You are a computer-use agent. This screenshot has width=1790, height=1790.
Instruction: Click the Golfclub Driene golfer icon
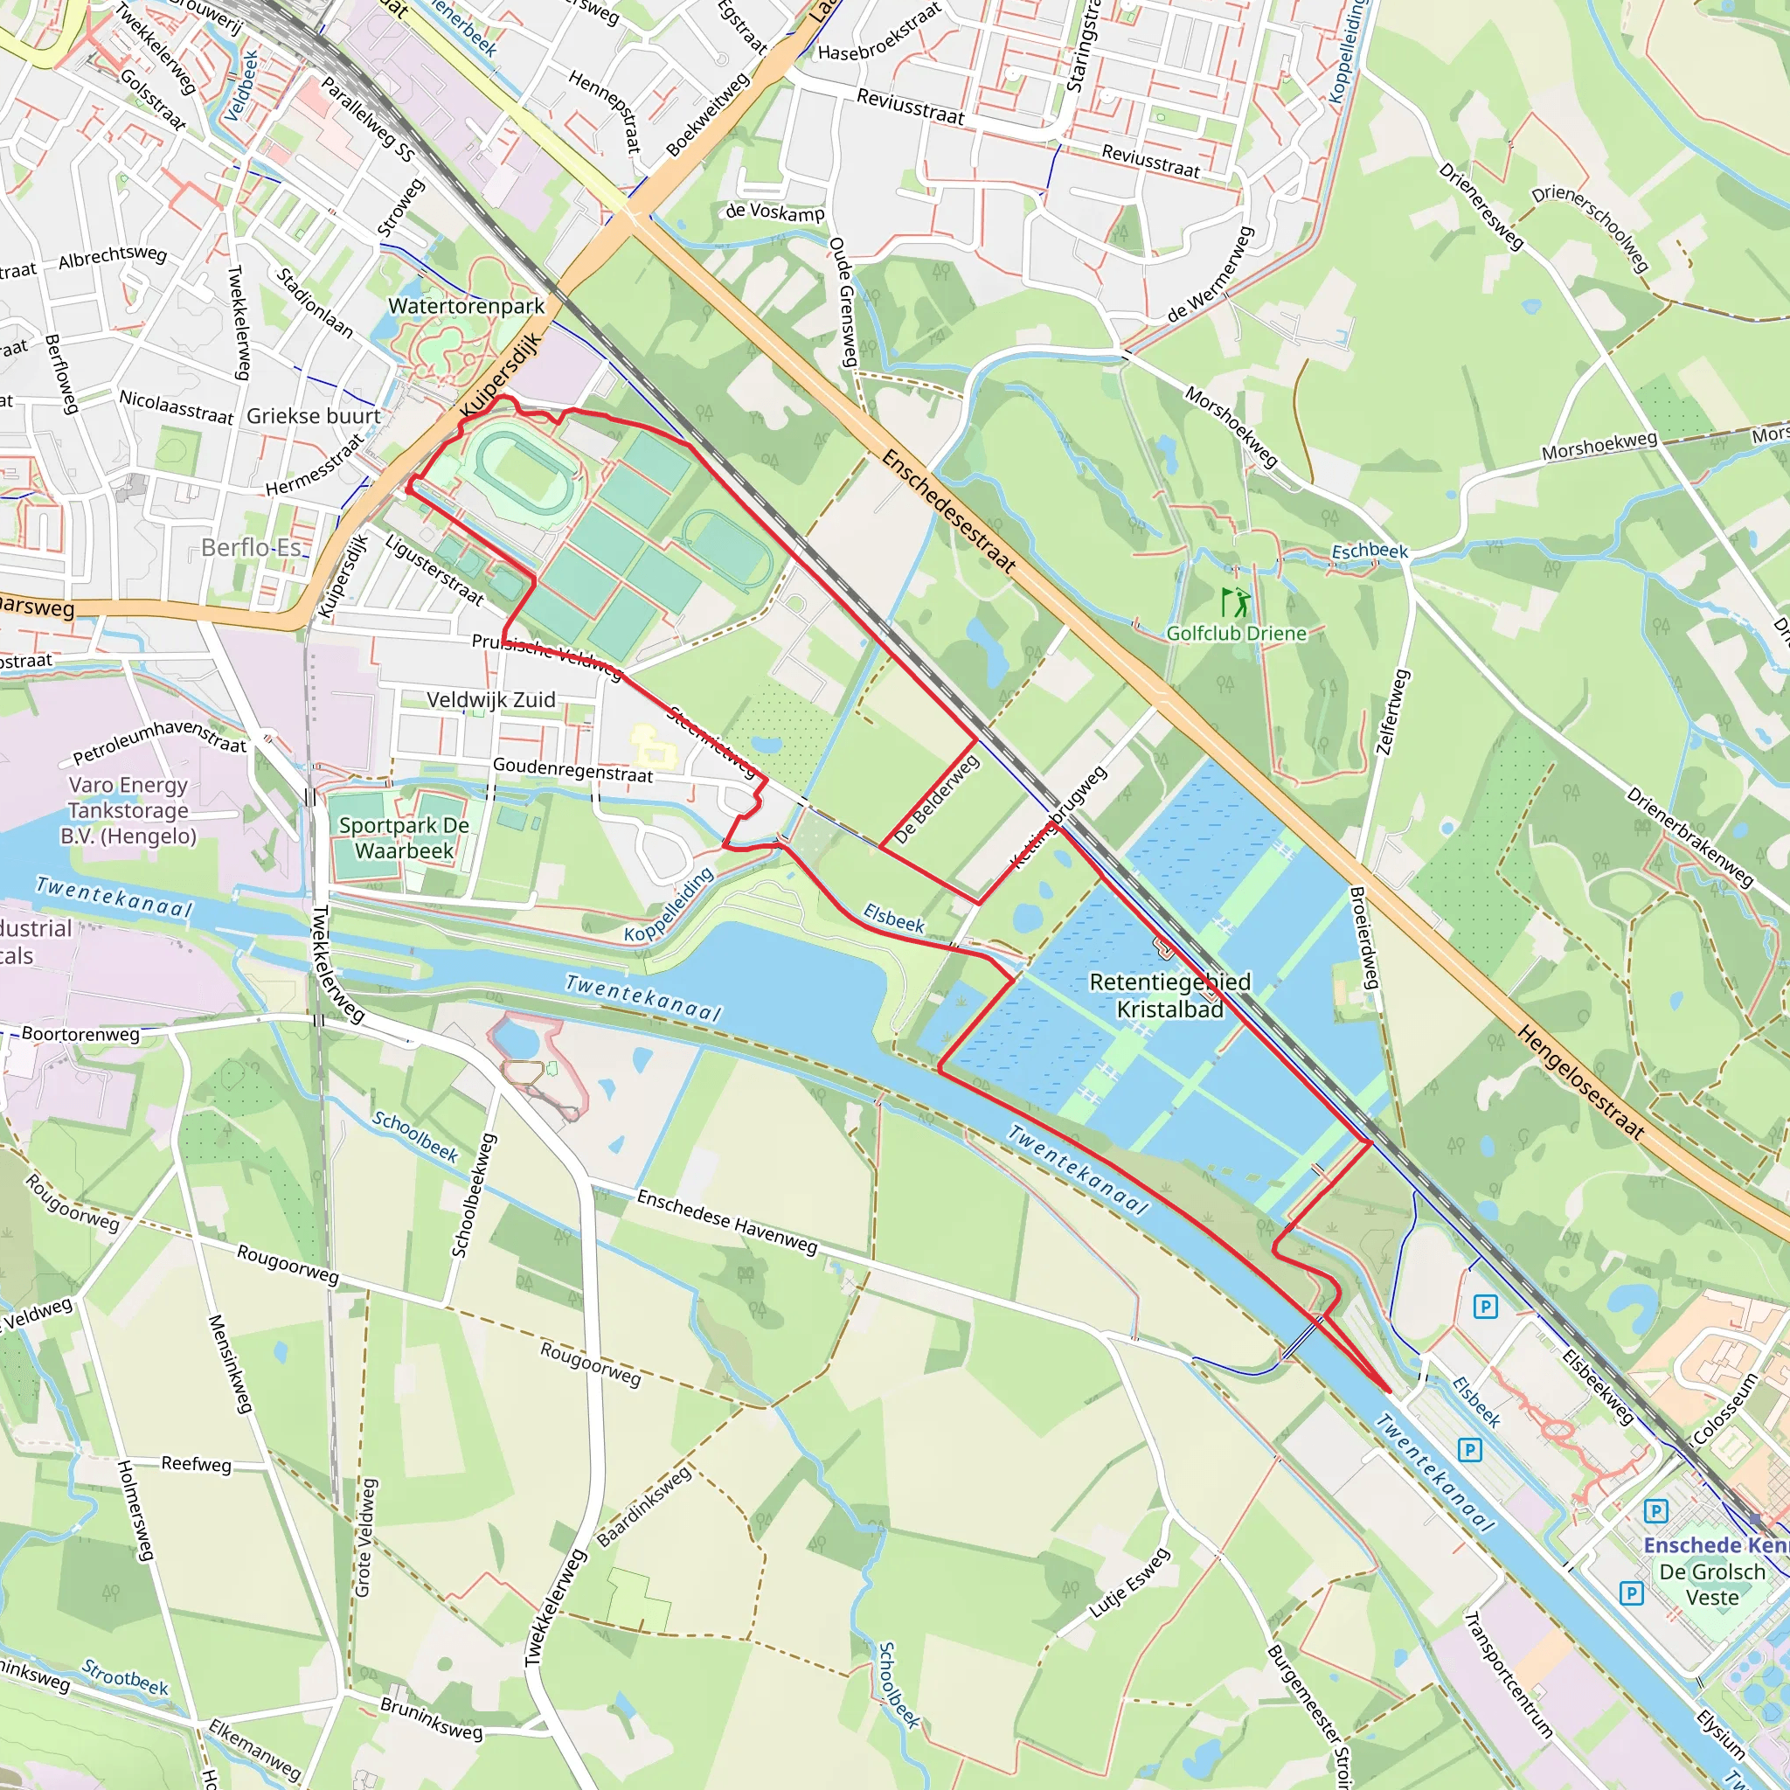[1235, 603]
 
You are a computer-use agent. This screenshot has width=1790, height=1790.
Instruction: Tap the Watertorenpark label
[466, 306]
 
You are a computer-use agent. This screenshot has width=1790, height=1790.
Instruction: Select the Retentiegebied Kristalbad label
[1169, 995]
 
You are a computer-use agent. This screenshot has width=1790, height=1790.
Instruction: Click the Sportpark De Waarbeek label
[404, 837]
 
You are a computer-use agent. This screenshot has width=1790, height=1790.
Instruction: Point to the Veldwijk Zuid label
[491, 699]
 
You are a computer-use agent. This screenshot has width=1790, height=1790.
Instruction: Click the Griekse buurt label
[313, 416]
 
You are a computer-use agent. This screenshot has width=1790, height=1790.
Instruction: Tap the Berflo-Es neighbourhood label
[251, 547]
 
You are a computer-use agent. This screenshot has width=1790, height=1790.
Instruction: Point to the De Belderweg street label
[937, 798]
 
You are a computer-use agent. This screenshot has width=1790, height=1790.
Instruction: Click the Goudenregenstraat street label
[572, 769]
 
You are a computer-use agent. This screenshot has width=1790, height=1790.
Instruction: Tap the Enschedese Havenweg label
[727, 1222]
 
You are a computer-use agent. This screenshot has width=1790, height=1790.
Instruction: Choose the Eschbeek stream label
[1370, 552]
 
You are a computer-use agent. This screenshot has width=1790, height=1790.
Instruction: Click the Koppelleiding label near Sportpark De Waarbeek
[668, 905]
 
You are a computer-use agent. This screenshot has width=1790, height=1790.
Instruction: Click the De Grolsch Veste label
[1712, 1585]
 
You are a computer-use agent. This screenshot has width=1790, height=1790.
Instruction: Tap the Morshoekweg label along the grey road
[1599, 446]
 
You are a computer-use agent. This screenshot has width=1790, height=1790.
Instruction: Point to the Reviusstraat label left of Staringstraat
[910, 108]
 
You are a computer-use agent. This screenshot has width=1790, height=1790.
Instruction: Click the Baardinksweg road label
[643, 1507]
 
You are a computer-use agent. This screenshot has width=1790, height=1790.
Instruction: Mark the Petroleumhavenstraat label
[159, 741]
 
